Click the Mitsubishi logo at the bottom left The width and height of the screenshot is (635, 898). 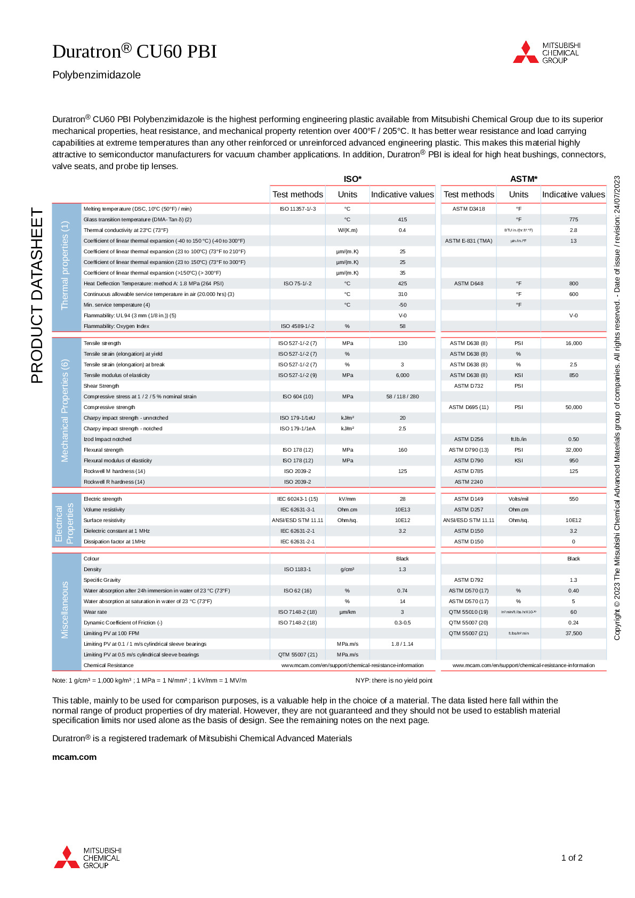[x=87, y=857]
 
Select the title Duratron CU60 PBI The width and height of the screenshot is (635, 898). [x=134, y=51]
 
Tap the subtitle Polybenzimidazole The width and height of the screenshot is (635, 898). [x=97, y=75]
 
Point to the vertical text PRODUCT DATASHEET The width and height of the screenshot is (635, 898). [x=37, y=295]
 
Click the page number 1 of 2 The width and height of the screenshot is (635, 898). [x=572, y=857]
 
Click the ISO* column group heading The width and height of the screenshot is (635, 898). [x=352, y=179]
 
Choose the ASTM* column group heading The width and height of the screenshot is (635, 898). [x=524, y=179]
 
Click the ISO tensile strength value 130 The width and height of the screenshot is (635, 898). [x=403, y=343]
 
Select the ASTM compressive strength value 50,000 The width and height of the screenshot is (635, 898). [x=574, y=407]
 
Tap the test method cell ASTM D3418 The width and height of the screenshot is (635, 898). [x=469, y=209]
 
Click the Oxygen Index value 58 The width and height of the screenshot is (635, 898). [x=403, y=326]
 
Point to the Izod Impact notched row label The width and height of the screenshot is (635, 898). [x=108, y=439]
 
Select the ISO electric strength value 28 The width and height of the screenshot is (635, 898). [x=403, y=499]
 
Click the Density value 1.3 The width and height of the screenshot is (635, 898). [x=403, y=570]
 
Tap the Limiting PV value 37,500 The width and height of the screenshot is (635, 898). [x=574, y=634]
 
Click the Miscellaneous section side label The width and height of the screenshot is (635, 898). [x=65, y=610]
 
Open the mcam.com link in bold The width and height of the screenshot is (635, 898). [x=75, y=757]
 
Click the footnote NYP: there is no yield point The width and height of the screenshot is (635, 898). [x=394, y=680]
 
